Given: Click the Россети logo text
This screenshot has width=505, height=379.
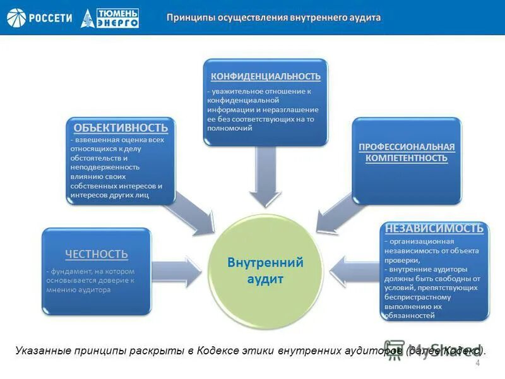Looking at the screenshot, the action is (x=51, y=17).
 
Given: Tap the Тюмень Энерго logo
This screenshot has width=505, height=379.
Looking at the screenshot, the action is (x=110, y=18).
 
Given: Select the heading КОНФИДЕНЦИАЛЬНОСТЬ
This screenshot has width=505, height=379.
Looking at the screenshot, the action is (x=266, y=76).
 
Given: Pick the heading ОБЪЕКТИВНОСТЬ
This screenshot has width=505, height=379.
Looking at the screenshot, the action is (x=120, y=128).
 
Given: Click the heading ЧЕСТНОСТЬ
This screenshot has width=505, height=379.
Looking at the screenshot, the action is (x=97, y=254).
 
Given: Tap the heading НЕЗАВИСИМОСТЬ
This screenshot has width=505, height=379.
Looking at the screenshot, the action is (x=435, y=228).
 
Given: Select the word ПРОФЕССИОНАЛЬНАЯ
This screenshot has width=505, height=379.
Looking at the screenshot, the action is (x=407, y=147).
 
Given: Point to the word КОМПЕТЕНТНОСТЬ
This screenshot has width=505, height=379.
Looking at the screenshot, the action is (x=407, y=158).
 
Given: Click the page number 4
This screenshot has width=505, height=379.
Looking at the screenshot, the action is (x=477, y=363).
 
